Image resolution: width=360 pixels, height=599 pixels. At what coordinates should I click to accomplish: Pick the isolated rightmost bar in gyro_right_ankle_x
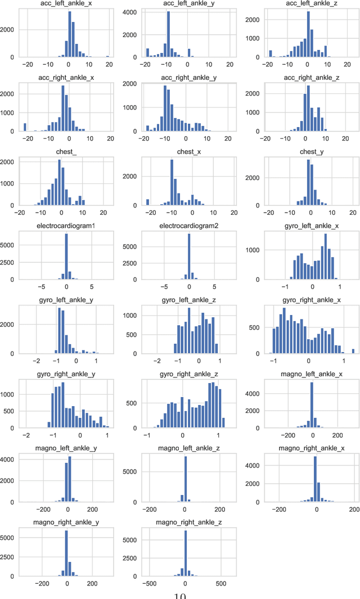click(x=353, y=352)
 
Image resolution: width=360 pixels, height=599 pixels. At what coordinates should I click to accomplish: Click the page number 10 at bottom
click(x=179, y=595)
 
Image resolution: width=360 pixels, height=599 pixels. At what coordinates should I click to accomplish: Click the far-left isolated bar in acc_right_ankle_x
click(x=25, y=127)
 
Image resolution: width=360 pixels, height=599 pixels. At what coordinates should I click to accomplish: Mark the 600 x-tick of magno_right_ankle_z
click(x=220, y=584)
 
